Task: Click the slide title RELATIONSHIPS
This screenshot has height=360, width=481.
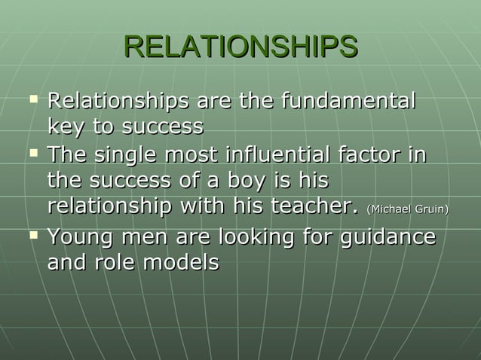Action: click(240, 46)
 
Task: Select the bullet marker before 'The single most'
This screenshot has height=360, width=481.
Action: click(32, 154)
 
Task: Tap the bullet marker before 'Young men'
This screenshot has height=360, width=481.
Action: click(32, 236)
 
